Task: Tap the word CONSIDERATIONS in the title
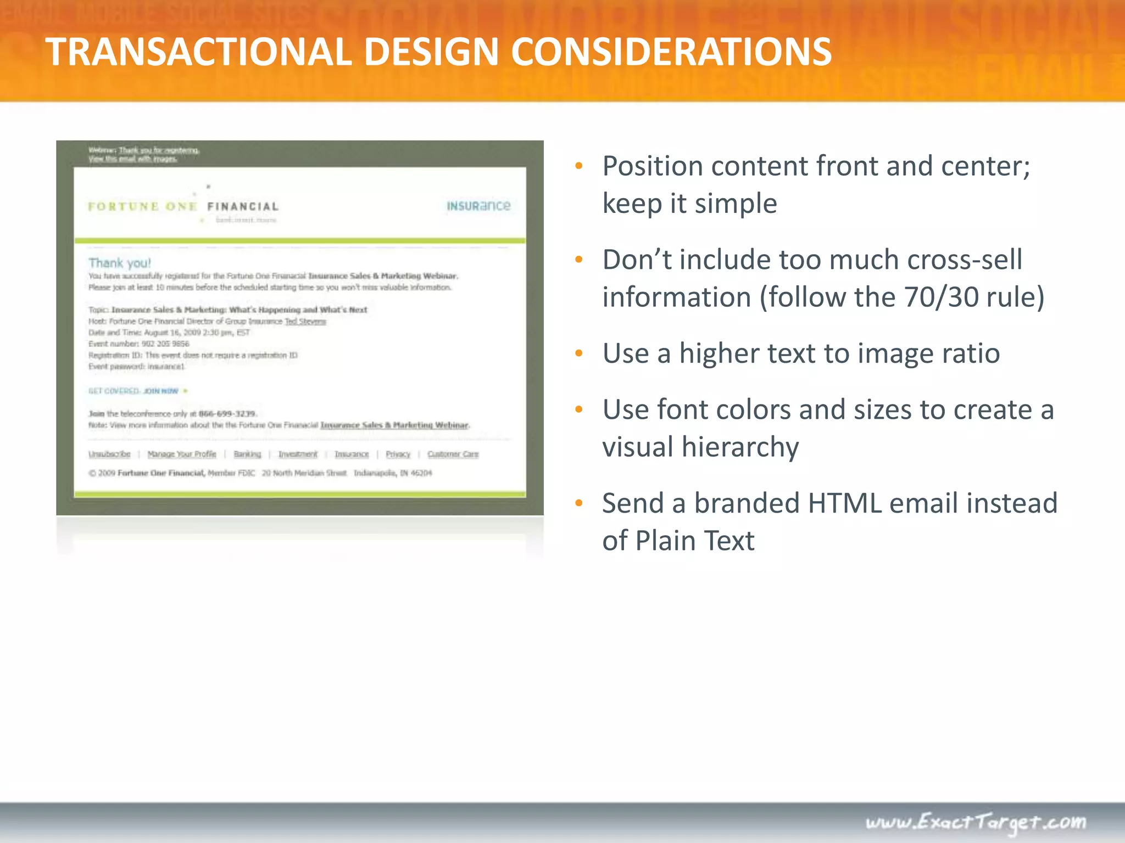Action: [x=671, y=52]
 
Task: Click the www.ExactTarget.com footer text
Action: [x=976, y=822]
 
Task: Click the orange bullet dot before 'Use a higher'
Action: [x=578, y=353]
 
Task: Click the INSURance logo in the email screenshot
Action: [x=478, y=206]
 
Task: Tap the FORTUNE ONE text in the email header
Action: [x=142, y=207]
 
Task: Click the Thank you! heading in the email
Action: [x=120, y=263]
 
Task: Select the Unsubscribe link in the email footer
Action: [x=109, y=454]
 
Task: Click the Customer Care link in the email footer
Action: [x=453, y=454]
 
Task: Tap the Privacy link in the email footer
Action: [x=398, y=454]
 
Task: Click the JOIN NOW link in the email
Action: [x=161, y=391]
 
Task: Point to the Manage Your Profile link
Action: [x=182, y=454]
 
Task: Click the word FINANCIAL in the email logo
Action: [x=243, y=207]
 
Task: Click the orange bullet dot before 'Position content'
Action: [x=578, y=166]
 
